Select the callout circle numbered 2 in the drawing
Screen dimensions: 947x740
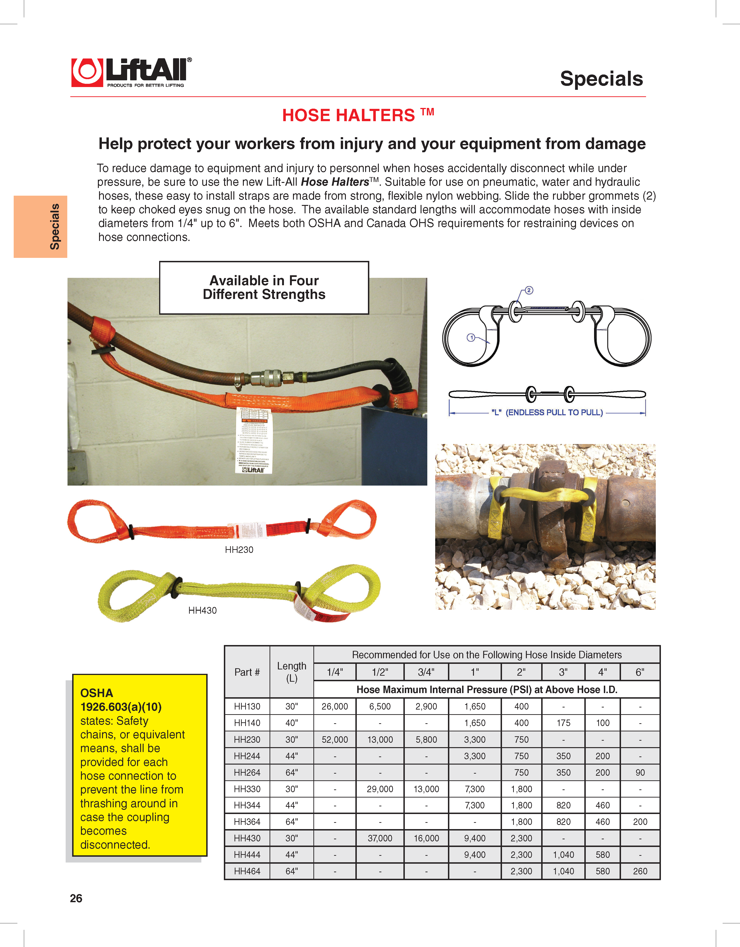tap(529, 290)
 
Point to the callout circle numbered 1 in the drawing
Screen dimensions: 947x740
tap(471, 337)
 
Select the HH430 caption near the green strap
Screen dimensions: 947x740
tap(202, 610)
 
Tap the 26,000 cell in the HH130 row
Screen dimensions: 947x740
tap(335, 706)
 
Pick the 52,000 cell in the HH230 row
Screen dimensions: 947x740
tap(335, 740)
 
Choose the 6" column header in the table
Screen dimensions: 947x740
tap(640, 672)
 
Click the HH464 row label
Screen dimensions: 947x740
tap(247, 871)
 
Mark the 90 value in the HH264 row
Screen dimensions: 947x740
tap(640, 773)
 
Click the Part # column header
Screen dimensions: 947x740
tap(247, 672)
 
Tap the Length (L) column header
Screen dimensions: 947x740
tap(292, 672)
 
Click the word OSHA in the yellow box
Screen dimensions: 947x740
tap(97, 693)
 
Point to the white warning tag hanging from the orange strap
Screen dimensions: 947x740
tap(254, 440)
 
